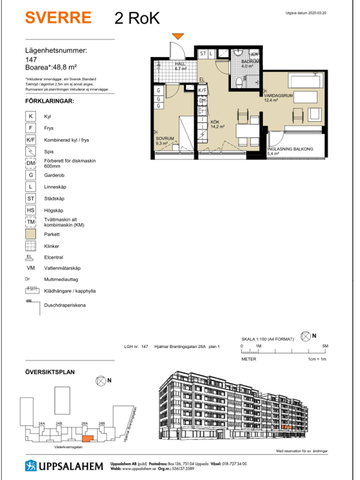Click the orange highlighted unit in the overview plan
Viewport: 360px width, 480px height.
pyautogui.click(x=87, y=437)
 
